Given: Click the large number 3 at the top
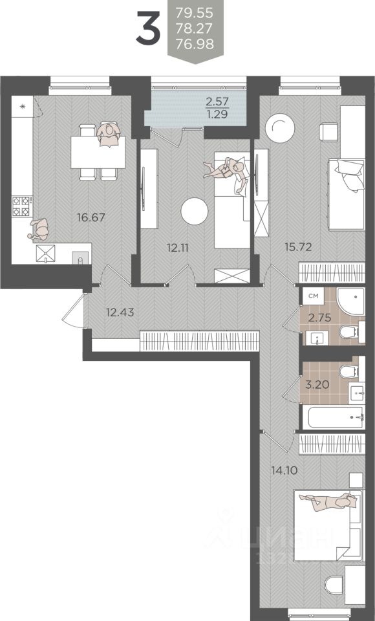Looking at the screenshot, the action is tap(148, 27).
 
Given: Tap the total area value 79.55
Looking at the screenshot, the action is tap(195, 13).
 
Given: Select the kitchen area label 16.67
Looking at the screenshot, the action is tap(91, 217).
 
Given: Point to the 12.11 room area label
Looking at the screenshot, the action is tap(177, 248).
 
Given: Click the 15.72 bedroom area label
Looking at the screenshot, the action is tap(299, 247).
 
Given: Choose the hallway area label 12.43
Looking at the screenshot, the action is tap(120, 312).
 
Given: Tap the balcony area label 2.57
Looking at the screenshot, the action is tap(217, 102).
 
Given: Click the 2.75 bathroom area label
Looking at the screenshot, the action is tap(320, 318).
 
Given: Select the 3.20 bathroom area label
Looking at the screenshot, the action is tap(317, 384).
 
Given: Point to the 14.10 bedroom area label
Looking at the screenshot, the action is tap(284, 471).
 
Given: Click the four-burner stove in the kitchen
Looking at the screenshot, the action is tap(22, 206).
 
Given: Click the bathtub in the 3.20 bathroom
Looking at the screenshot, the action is tap(336, 417).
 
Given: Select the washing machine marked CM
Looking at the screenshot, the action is tap(313, 296).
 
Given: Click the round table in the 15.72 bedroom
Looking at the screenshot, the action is tap(280, 127).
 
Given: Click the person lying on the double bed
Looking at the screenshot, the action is tap(328, 501).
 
